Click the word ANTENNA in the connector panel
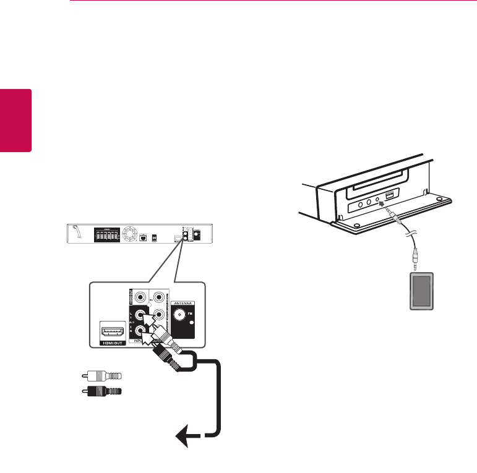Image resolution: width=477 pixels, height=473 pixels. coord(183,304)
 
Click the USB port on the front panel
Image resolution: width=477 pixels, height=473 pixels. coord(389,197)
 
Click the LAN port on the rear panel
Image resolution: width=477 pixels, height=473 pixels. coord(142,237)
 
